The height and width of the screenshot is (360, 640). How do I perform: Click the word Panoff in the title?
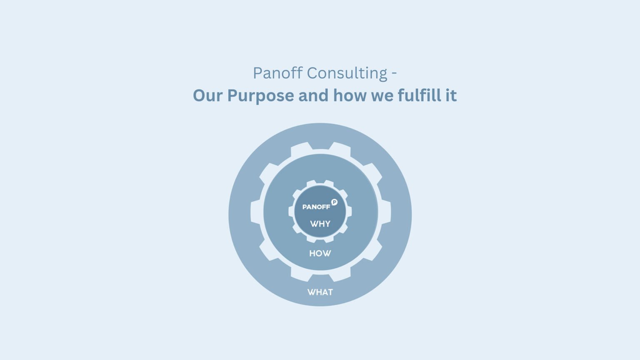[277, 73]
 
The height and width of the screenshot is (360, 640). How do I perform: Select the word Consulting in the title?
[347, 73]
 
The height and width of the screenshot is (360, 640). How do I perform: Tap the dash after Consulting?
[394, 74]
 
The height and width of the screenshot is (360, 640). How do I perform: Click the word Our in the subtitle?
[208, 95]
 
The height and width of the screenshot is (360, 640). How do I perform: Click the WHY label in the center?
[320, 224]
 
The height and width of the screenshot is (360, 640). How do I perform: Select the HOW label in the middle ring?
[320, 253]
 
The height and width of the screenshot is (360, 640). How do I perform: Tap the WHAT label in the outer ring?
[320, 292]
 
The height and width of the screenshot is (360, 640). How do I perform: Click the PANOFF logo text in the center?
[316, 207]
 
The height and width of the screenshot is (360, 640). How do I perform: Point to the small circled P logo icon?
[334, 202]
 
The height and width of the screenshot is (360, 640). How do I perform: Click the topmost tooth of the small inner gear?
[320, 182]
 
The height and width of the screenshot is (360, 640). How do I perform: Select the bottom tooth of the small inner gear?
[320, 240]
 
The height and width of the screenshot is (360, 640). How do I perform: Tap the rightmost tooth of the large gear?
[387, 212]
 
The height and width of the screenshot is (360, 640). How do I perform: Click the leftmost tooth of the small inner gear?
[291, 212]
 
